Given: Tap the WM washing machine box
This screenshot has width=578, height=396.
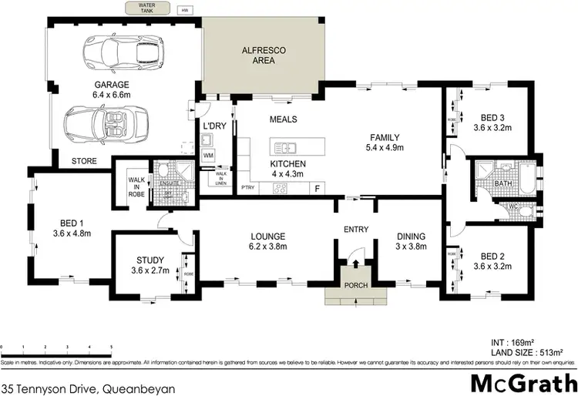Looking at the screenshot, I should pyautogui.click(x=208, y=156).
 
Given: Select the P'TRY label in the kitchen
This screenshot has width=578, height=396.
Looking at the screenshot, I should pyautogui.click(x=248, y=187).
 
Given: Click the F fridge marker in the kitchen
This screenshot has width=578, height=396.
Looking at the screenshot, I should pyautogui.click(x=316, y=187).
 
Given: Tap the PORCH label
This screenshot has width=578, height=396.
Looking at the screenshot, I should pyautogui.click(x=355, y=286).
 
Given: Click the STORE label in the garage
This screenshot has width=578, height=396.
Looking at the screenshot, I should pyautogui.click(x=84, y=161).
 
